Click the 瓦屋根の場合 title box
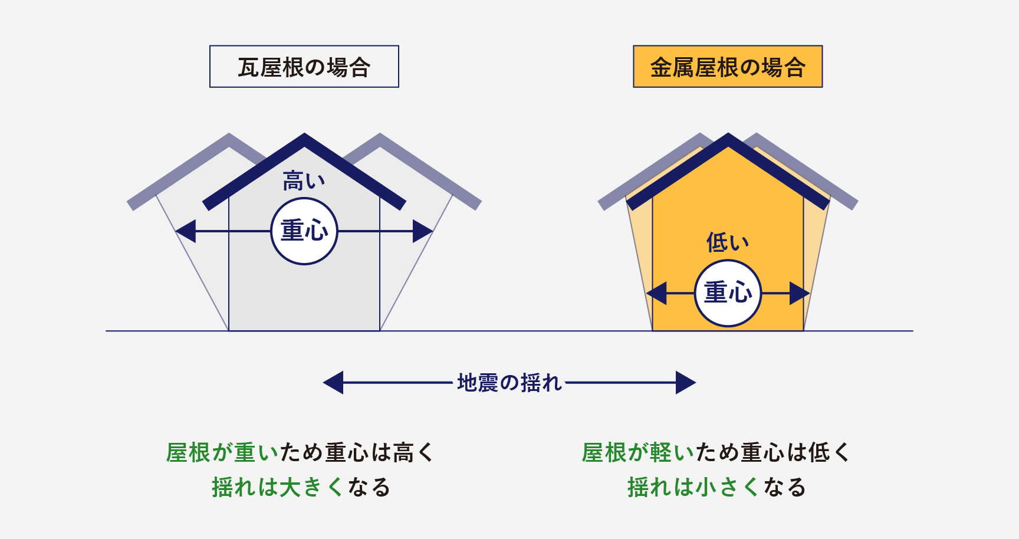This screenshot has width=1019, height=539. pyautogui.click(x=304, y=67)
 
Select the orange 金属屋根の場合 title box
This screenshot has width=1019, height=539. pyautogui.click(x=728, y=67)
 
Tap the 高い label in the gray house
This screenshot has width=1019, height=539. pyautogui.click(x=304, y=181)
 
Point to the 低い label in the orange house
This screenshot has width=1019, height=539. pyautogui.click(x=728, y=242)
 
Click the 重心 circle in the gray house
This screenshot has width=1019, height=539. pyautogui.click(x=304, y=231)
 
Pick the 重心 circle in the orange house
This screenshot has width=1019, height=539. pyautogui.click(x=728, y=293)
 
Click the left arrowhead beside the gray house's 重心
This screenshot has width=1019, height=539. pyautogui.click(x=186, y=231)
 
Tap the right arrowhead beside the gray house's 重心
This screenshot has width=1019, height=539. pyautogui.click(x=423, y=231)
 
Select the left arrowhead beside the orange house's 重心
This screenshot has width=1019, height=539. pyautogui.click(x=656, y=293)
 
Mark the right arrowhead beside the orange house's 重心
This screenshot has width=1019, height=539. pyautogui.click(x=800, y=293)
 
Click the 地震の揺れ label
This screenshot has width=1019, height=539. pyautogui.click(x=509, y=383)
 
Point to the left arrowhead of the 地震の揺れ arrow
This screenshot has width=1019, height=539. pyautogui.click(x=333, y=383)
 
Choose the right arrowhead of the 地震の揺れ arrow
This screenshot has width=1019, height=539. pyautogui.click(x=686, y=383)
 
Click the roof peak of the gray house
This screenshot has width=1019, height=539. pyautogui.click(x=304, y=135)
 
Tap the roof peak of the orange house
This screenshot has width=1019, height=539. pyautogui.click(x=728, y=135)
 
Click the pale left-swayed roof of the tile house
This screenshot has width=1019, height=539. pyautogui.click(x=177, y=172)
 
